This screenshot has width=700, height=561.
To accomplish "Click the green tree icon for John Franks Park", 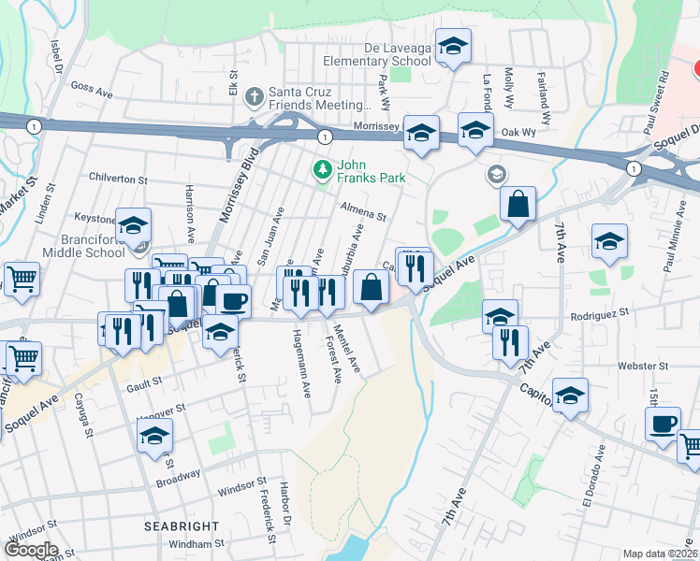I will pos(322,169).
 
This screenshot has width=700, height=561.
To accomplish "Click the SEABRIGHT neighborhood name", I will pos(182,526).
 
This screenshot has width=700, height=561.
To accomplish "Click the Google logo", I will pos(30,549).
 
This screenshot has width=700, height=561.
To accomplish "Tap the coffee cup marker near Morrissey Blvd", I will pos(235,300).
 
